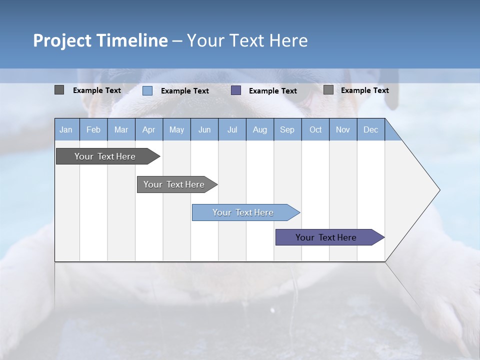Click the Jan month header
[x=66, y=130]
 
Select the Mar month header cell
[x=121, y=130]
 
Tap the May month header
[x=176, y=130]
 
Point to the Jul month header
[x=232, y=130]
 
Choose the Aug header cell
[x=259, y=130]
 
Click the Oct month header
[x=315, y=130]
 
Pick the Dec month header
[x=370, y=130]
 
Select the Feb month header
[x=93, y=130]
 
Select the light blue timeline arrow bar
[x=243, y=212]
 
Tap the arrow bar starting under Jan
[x=105, y=156]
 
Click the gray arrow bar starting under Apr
[x=174, y=184]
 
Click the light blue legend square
[x=147, y=90]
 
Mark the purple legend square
[x=236, y=90]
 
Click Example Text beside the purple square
[x=272, y=91]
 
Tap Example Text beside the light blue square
[x=184, y=91]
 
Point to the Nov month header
[x=343, y=130]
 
